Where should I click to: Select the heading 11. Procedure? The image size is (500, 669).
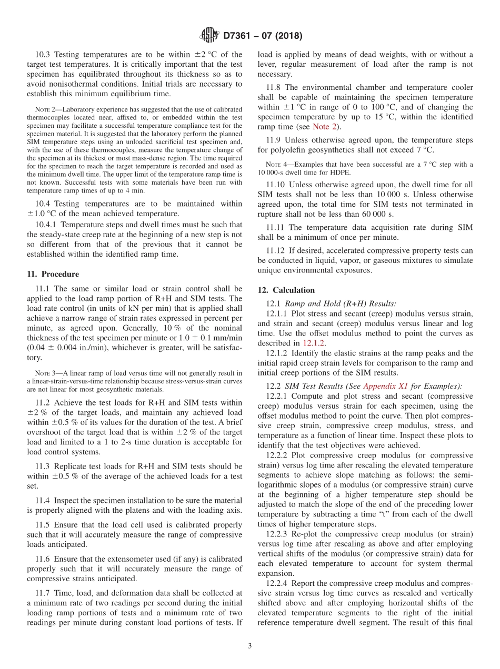click(x=53, y=274)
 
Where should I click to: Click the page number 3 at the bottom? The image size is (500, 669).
click(x=249, y=646)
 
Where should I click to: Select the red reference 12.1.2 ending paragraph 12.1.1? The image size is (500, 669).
click(x=315, y=343)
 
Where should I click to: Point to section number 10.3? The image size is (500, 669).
click(x=44, y=54)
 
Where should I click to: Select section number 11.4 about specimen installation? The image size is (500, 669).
click(x=44, y=500)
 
